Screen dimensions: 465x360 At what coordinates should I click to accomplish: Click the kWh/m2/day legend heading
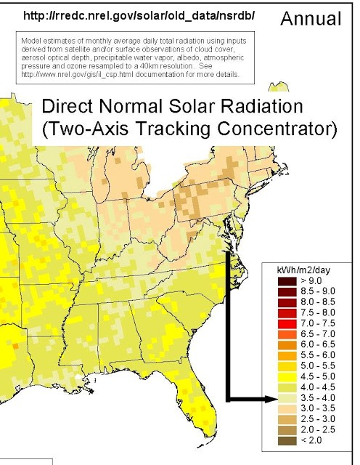coord(298,270)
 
